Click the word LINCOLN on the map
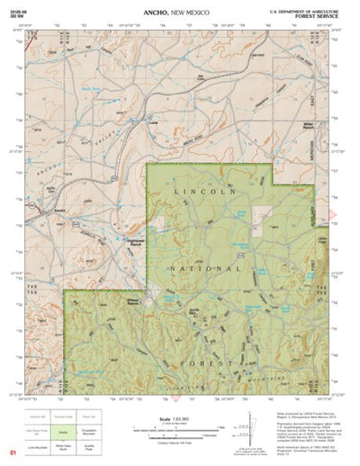[x=214, y=193]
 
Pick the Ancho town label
[x=60, y=211]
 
